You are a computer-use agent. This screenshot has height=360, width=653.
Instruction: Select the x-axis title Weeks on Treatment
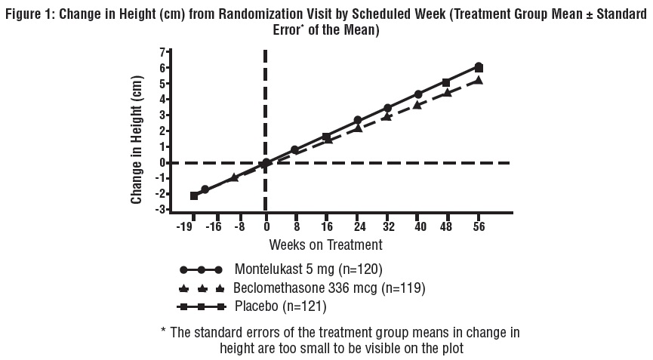click(325, 245)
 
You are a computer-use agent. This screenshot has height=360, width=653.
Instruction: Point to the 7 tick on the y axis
click(162, 52)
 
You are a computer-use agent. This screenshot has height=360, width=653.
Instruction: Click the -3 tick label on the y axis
click(159, 210)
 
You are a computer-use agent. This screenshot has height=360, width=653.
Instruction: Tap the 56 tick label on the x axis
click(479, 226)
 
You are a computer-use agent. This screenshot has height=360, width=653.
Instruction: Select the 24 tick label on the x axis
click(358, 226)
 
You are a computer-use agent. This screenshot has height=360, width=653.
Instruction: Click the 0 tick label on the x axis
click(266, 226)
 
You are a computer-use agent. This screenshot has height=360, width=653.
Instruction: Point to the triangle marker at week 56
click(478, 80)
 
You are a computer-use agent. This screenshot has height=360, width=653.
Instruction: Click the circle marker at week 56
click(478, 66)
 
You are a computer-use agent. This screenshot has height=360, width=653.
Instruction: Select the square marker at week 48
click(446, 82)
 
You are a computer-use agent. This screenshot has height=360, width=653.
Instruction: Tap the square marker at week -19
click(194, 195)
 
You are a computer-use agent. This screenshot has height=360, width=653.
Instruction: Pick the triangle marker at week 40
click(417, 105)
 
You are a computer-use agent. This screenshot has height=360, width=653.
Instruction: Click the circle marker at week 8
click(295, 150)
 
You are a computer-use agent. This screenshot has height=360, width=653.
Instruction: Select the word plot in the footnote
click(450, 348)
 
